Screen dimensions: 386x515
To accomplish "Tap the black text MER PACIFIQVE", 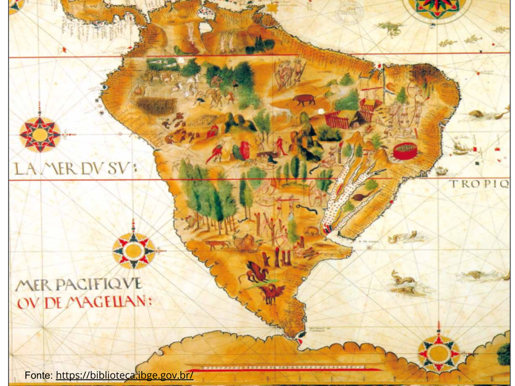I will coord(79,284).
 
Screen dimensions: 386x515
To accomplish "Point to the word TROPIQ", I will coord(480,184).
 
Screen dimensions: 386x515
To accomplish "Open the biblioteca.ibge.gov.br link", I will coord(125,375).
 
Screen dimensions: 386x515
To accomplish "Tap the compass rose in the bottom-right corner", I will coord(438,353).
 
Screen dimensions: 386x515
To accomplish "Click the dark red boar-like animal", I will coord(303,100).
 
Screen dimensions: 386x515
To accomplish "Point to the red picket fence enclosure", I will coord(336,120).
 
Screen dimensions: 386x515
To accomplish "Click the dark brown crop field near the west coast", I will coord(157,106).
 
